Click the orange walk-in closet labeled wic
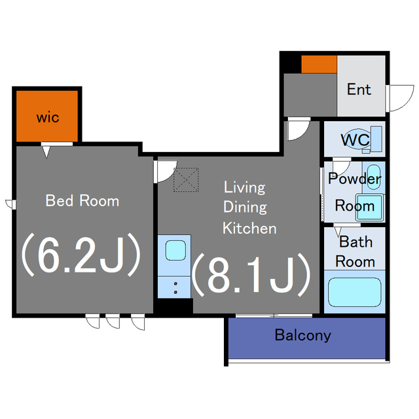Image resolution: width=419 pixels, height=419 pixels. (x=47, y=117)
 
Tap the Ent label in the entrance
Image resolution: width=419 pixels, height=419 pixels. (x=359, y=90)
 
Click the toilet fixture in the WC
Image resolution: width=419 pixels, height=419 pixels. (x=363, y=139)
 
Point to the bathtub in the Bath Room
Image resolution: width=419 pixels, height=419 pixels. (x=355, y=292)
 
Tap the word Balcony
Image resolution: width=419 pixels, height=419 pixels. (x=302, y=335)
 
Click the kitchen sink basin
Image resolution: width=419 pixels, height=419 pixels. (x=175, y=250)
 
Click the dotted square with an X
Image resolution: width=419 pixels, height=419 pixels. (x=186, y=179)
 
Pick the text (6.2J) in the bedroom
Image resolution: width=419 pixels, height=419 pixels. (x=81, y=255)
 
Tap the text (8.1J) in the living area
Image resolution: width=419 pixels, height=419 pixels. (x=251, y=274)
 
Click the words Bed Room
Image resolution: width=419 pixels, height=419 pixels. (x=82, y=201)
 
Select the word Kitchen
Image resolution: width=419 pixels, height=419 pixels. (x=249, y=228)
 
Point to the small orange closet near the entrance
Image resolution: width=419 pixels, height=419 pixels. (x=319, y=64)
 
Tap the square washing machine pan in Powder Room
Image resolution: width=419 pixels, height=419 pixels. (x=370, y=208)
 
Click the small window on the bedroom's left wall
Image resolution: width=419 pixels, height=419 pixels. (x=10, y=204)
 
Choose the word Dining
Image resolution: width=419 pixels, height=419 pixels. (x=245, y=207)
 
